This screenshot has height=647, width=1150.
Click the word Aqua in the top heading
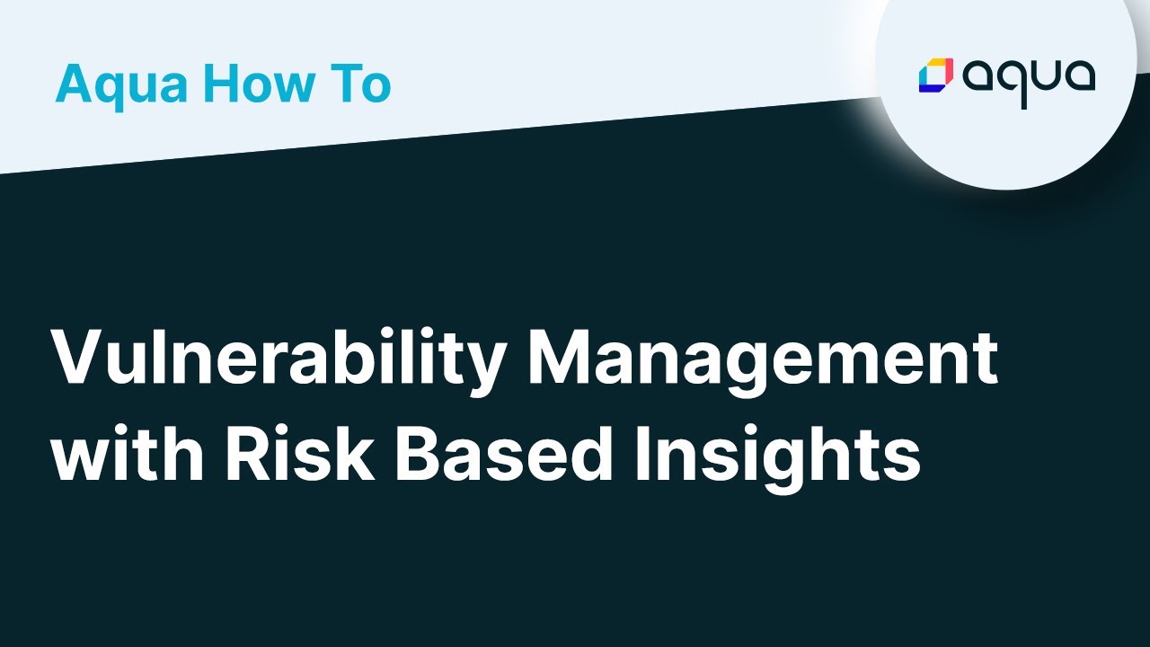(122, 84)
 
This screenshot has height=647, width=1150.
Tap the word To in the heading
(364, 84)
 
